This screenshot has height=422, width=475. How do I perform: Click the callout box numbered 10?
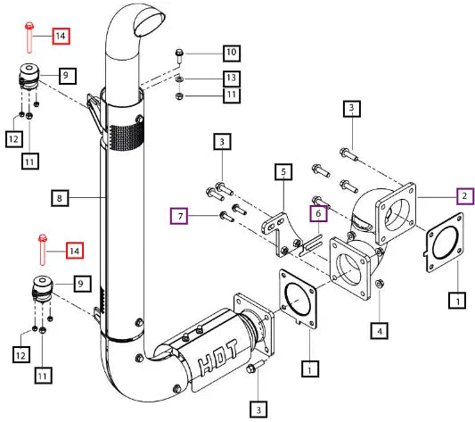[232, 54]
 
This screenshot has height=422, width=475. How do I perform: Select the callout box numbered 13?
[232, 79]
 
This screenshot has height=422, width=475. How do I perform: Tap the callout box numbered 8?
[60, 198]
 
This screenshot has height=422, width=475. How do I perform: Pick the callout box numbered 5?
[283, 171]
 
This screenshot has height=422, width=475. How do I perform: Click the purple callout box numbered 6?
[318, 213]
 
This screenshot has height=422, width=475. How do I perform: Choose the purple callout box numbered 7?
[179, 216]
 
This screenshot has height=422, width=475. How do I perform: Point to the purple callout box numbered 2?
[465, 196]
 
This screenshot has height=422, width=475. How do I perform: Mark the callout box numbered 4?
[380, 330]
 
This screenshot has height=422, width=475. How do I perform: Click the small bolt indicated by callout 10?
[179, 56]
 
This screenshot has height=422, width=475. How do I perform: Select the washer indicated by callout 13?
[179, 79]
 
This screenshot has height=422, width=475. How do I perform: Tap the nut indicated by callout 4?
[379, 284]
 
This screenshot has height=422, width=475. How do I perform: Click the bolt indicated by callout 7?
[226, 216]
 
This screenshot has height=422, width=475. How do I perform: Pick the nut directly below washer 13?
[179, 96]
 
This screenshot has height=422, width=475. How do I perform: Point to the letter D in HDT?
[219, 357]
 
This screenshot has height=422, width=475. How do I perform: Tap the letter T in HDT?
[232, 348]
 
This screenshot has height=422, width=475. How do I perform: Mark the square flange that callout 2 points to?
[396, 213]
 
